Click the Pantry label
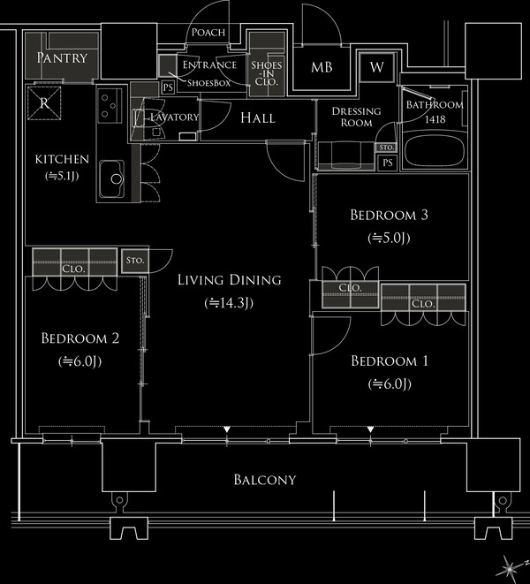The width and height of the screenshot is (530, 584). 62,57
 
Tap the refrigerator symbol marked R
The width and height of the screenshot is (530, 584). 44,102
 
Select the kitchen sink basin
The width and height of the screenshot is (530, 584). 111,179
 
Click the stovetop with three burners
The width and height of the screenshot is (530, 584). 110,106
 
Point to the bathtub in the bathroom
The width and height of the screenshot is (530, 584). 435,150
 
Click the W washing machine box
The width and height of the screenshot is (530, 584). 376,67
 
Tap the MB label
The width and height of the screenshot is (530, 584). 322,67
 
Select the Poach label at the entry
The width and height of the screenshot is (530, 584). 208,33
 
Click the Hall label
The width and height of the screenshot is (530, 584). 257,118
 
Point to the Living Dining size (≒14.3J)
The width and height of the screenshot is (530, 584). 229,303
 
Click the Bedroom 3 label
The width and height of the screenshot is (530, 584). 389,215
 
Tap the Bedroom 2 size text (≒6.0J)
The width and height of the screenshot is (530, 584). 80,361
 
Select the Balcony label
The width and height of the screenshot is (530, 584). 265,480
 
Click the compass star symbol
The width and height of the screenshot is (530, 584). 508,568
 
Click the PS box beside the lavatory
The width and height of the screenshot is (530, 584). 169,87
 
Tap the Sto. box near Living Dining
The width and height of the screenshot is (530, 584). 135,261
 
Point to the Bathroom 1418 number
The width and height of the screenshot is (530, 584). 435,119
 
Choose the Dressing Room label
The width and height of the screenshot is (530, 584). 357,117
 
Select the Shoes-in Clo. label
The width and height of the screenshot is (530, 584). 267,73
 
